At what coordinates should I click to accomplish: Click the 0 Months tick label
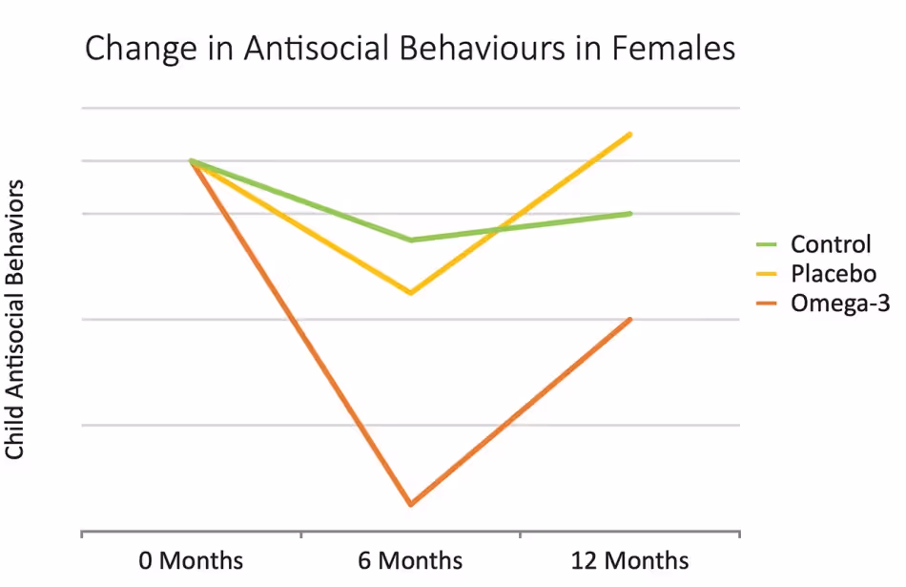(192, 560)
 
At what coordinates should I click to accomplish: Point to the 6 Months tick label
(411, 560)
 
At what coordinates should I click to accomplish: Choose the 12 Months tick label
(629, 560)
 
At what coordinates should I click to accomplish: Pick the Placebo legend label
(833, 274)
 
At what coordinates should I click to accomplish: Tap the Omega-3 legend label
(839, 304)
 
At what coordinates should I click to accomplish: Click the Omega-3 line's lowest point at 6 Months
(411, 504)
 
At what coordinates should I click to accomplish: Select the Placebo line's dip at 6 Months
(411, 292)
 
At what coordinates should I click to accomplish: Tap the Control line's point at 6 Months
(411, 240)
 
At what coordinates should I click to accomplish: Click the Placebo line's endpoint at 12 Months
(630, 135)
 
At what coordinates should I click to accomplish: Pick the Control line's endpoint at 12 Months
(630, 214)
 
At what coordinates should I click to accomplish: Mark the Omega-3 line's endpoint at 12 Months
(630, 319)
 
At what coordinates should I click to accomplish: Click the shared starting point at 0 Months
(192, 160)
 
